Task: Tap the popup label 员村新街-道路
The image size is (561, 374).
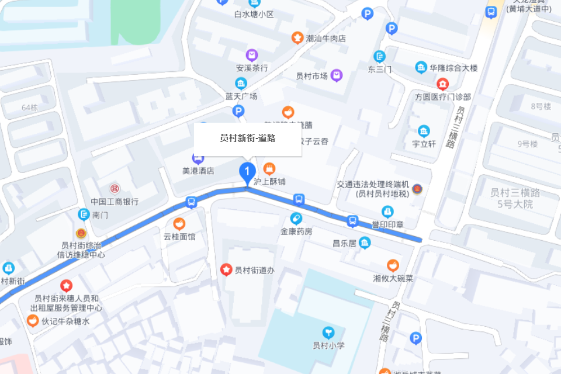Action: coord(248,138)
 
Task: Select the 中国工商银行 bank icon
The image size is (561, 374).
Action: coord(115,188)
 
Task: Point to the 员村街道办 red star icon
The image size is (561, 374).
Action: coord(226,269)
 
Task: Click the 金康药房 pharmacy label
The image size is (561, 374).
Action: coord(296,231)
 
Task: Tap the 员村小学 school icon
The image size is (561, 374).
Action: coord(328,332)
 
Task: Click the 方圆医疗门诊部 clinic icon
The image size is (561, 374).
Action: coord(443,84)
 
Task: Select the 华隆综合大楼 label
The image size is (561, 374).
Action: coord(453,68)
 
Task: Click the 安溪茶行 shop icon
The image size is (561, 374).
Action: coord(252,55)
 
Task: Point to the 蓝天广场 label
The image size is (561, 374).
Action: coord(241,96)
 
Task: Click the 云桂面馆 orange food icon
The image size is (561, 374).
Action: coord(179,223)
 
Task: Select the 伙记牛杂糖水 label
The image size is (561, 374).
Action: coord(65,321)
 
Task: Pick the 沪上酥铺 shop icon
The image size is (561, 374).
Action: coord(269,168)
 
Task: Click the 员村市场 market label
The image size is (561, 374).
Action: coord(311,75)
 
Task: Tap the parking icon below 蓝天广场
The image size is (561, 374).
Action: coord(238,110)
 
